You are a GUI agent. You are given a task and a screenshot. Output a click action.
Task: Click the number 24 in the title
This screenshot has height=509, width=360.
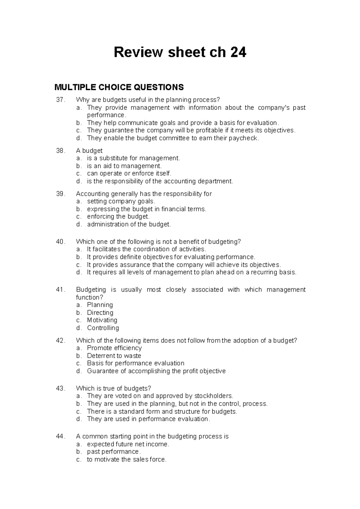(x=238, y=52)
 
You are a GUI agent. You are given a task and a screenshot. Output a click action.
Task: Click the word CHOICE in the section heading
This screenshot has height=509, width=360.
(x=112, y=87)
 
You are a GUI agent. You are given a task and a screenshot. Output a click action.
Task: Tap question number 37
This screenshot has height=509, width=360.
(x=60, y=100)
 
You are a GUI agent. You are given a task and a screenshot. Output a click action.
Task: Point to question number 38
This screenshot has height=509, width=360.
(x=60, y=151)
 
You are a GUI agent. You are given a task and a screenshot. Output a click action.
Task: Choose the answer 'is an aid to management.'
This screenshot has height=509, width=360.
(x=124, y=166)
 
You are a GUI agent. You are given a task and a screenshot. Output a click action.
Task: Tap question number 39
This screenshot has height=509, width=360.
(x=60, y=194)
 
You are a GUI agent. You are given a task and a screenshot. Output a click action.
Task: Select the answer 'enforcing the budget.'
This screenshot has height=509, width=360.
(x=118, y=217)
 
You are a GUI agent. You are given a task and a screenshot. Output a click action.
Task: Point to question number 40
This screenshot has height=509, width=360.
(x=60, y=242)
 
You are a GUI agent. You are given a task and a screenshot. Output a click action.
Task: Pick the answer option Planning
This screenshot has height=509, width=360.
(x=100, y=305)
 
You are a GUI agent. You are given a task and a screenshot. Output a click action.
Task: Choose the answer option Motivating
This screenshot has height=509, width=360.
(x=102, y=320)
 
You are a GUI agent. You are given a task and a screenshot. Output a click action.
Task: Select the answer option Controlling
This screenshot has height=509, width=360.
(x=103, y=328)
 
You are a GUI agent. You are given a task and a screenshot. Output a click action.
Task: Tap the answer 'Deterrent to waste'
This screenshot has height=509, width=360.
(x=114, y=356)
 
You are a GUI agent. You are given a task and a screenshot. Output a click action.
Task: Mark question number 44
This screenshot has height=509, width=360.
(x=60, y=436)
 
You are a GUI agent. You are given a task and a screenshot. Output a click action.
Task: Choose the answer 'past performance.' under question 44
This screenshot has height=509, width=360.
(x=114, y=452)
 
